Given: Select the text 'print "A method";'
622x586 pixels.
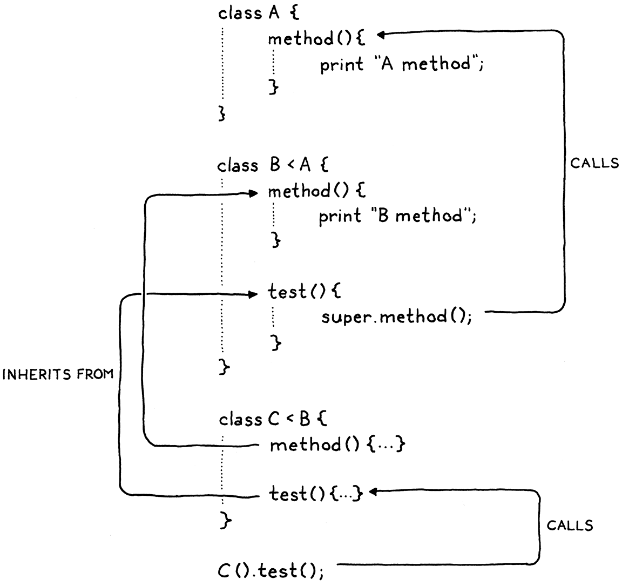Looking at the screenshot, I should click(401, 65).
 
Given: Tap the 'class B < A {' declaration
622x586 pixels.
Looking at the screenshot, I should click(273, 165).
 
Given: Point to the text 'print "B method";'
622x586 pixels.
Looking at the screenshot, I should click(398, 217).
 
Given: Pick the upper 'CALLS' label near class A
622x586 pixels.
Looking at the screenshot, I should click(594, 164).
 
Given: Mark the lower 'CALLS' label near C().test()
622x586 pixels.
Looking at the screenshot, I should click(570, 526).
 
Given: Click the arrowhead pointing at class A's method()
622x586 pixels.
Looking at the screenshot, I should click(381, 35).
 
